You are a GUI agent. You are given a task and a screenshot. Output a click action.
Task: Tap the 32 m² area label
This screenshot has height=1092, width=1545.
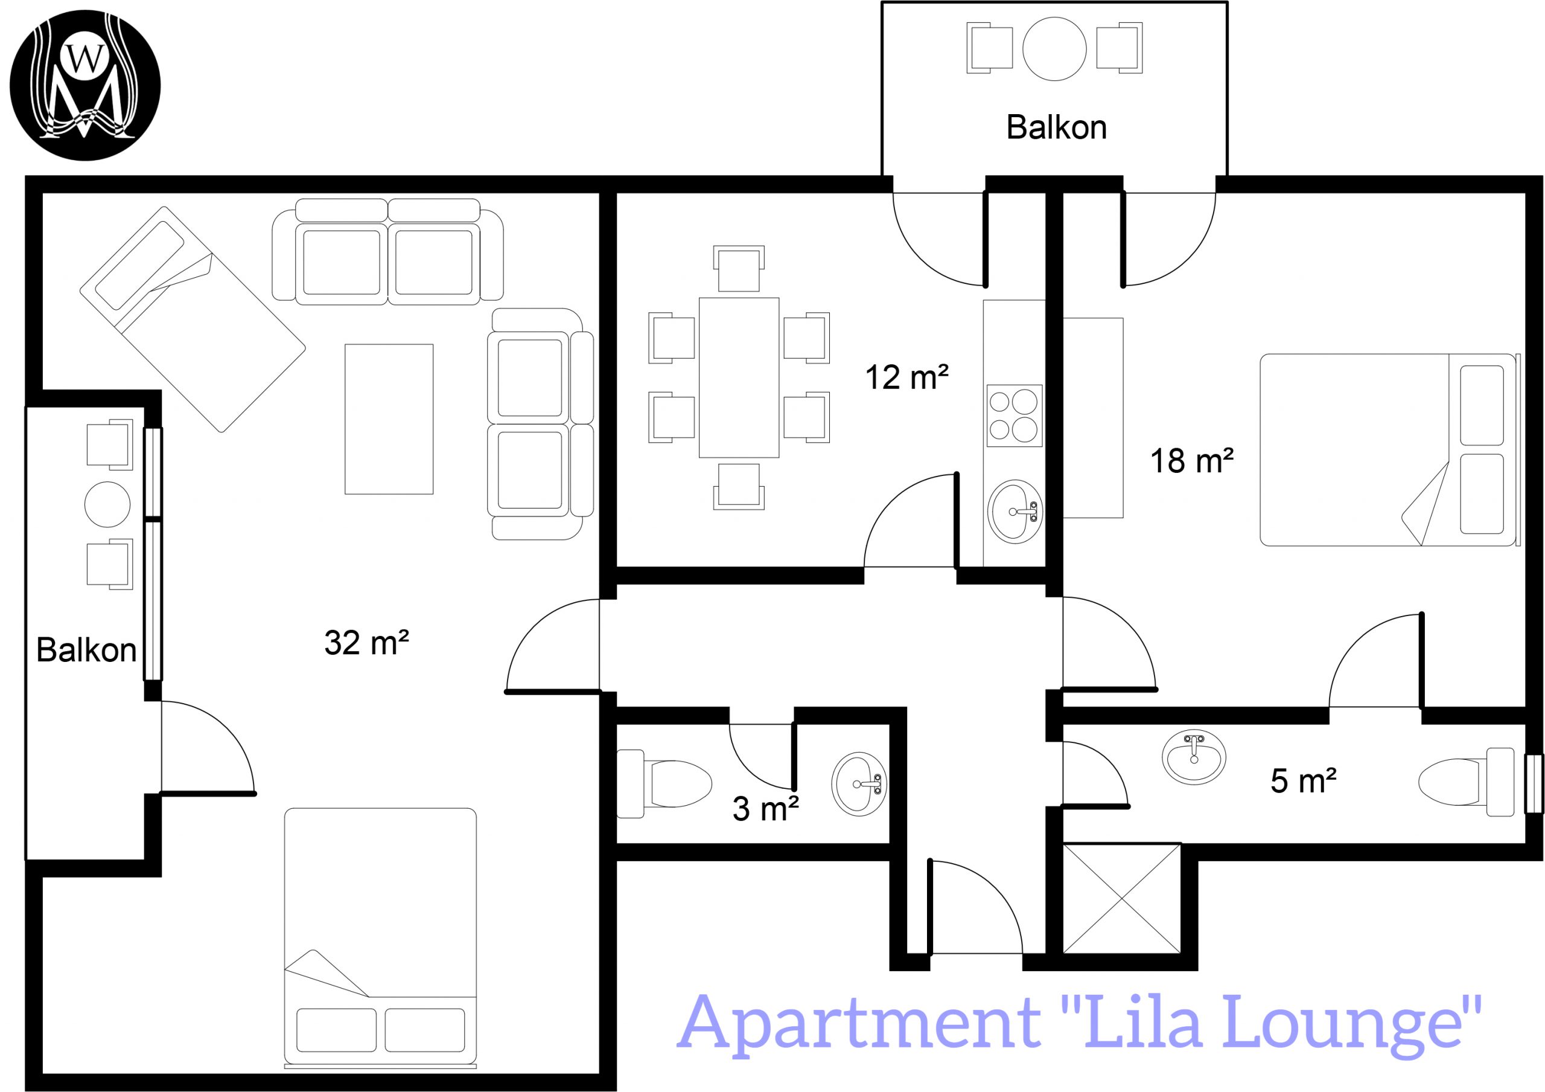click(x=367, y=643)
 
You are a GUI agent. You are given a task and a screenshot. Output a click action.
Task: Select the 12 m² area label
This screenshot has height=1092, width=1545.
click(x=906, y=377)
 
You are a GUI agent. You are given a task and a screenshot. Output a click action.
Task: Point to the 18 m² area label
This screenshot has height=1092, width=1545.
click(x=1192, y=461)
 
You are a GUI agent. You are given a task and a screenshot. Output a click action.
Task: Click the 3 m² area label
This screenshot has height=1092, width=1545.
click(x=765, y=809)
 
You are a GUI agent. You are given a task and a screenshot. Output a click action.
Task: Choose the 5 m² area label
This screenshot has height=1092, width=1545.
click(x=1304, y=781)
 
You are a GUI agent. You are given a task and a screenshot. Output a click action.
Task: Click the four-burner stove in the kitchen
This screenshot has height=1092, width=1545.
click(x=1015, y=416)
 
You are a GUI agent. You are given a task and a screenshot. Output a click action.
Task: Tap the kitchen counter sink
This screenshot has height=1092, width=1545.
click(x=1015, y=512)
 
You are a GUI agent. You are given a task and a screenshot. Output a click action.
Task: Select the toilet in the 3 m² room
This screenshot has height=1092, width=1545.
click(x=664, y=783)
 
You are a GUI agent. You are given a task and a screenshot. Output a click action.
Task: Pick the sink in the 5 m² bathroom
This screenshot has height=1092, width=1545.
click(x=1194, y=757)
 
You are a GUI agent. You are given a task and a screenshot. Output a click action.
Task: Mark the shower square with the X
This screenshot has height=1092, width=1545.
click(x=1122, y=899)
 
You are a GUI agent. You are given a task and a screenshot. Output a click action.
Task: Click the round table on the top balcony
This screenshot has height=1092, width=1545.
click(x=1054, y=48)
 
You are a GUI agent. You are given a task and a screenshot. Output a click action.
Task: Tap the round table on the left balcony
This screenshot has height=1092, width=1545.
click(x=107, y=504)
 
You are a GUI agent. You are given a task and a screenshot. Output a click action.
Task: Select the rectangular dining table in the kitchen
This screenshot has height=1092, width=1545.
click(x=739, y=377)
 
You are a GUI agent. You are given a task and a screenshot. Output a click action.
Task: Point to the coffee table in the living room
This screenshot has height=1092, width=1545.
click(x=389, y=419)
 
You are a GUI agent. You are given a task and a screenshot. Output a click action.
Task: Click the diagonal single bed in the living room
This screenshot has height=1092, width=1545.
click(x=193, y=319)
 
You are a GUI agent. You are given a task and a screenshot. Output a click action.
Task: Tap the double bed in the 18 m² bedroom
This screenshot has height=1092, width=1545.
click(x=1389, y=450)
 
